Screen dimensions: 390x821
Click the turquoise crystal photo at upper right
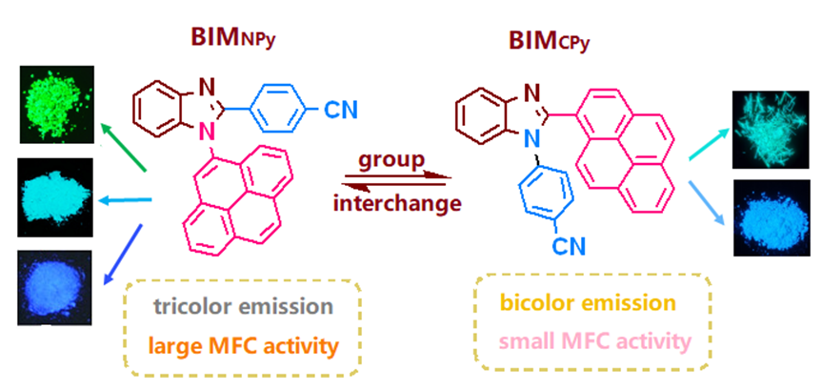[x=771, y=130]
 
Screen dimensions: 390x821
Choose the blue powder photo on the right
[x=771, y=217]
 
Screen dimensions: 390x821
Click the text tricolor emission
[x=245, y=307]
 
